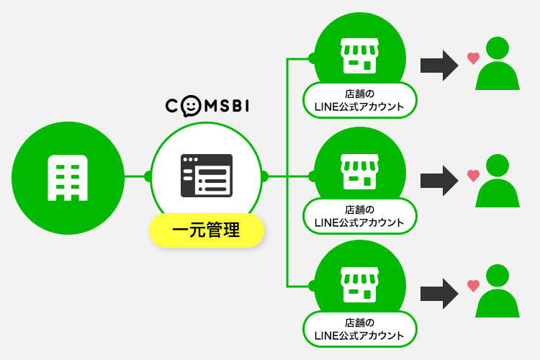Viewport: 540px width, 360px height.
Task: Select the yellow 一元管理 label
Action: point(207,232)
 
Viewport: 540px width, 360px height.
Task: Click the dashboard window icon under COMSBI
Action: point(206,175)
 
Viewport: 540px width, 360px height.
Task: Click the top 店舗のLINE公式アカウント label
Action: point(360,100)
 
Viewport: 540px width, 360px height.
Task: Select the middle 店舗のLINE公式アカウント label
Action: point(360,215)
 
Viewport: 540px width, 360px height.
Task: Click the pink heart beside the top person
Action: point(473,58)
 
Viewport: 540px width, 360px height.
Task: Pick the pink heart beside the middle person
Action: point(473,174)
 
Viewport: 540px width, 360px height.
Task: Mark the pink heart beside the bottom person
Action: point(473,286)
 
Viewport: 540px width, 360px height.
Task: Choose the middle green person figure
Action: point(498,181)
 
